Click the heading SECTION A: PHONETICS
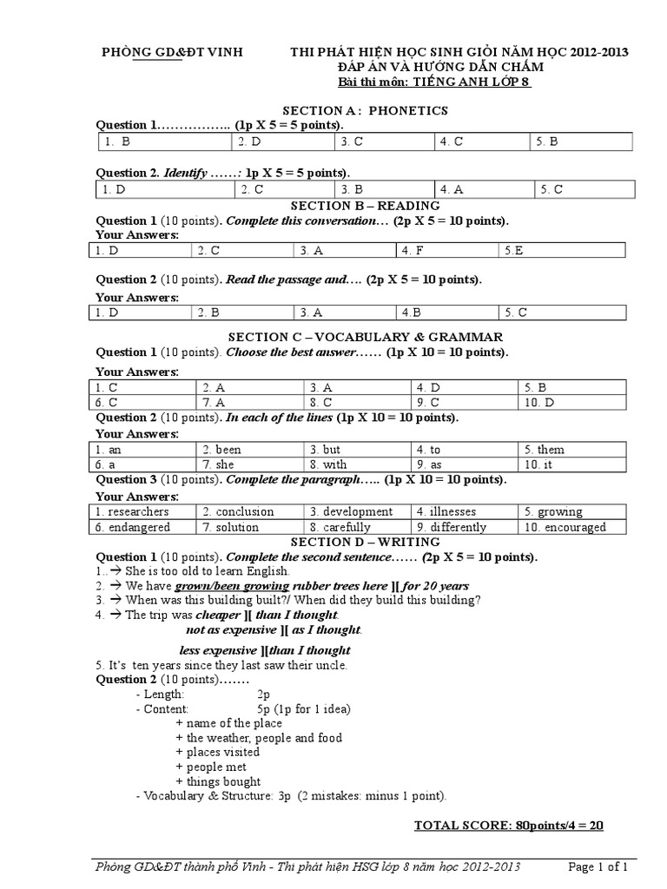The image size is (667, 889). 365,110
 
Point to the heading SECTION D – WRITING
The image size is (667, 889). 365,542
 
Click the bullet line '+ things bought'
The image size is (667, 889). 211,781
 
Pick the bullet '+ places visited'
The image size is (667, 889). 217,752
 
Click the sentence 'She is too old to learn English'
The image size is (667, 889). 208,571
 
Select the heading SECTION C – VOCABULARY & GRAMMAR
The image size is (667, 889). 365,336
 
